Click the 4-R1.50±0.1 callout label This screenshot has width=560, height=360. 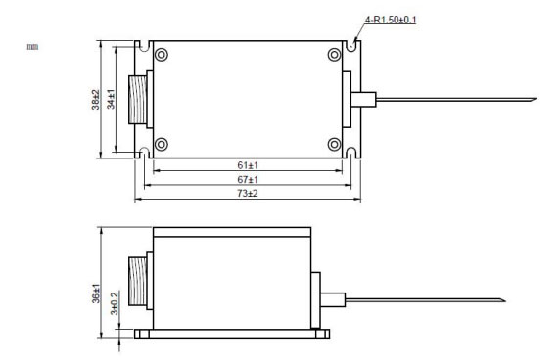click(391, 20)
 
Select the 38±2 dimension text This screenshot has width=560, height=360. click(95, 100)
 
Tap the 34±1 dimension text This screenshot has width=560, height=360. click(111, 99)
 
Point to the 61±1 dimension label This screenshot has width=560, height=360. click(248, 165)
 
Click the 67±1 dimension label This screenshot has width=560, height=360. click(248, 179)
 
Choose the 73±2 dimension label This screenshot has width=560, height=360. click(248, 193)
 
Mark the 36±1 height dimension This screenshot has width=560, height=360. click(96, 293)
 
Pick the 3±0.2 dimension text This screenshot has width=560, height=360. click(114, 303)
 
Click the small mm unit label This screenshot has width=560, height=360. click(33, 47)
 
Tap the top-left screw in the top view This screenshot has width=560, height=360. click(162, 55)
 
